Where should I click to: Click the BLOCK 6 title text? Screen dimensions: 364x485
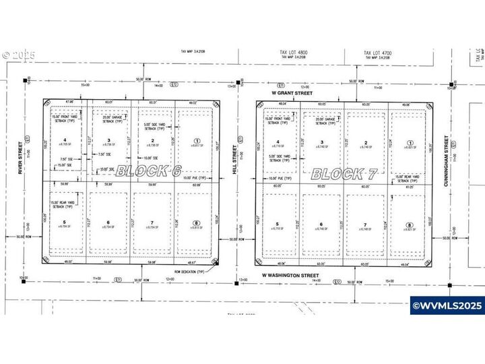150,171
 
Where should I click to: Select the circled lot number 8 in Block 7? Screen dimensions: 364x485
409,225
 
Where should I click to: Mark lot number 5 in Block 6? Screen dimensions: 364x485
64,222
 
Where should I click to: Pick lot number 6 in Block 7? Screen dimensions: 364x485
321,225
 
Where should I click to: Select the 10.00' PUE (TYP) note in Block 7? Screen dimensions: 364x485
277,178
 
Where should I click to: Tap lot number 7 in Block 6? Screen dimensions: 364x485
152,222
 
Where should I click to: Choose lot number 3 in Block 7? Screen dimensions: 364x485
321,142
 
